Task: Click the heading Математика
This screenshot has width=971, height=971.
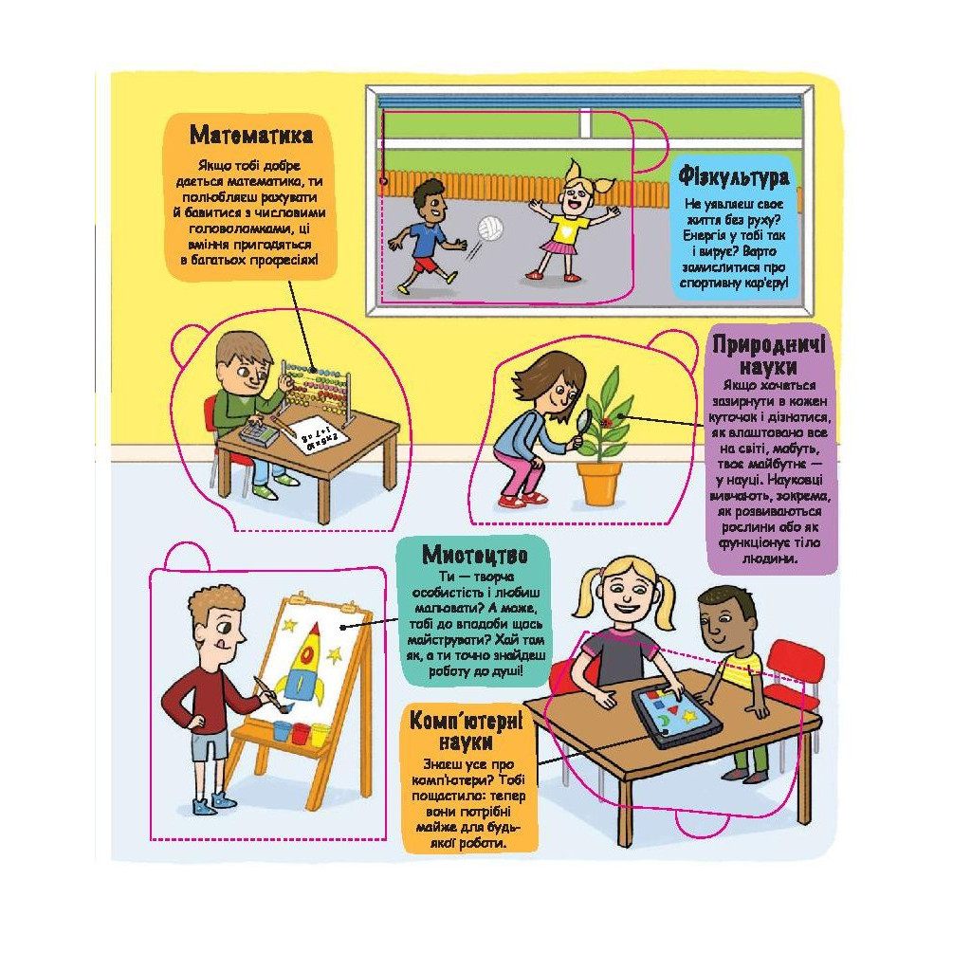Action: coord(250,135)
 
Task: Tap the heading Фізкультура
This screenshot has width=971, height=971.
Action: coord(734,176)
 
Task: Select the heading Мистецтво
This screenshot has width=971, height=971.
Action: coord(474,554)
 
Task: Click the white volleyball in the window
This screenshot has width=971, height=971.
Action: coord(490,228)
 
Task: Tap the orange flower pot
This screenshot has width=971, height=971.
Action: coord(599,483)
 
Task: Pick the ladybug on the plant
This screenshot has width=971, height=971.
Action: coord(606,422)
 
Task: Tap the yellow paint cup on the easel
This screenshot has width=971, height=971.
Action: coord(321,735)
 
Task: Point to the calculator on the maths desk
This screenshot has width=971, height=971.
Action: coord(259,431)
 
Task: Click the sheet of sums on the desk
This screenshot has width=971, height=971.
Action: coord(318,436)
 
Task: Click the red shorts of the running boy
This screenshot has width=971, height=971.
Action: coord(425,266)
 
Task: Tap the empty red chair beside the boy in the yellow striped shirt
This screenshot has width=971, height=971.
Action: coord(796,672)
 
